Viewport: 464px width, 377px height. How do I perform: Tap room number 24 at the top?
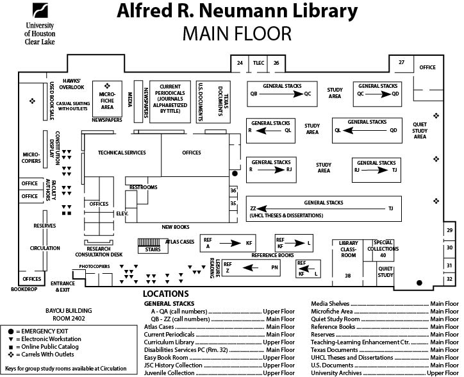click(240, 63)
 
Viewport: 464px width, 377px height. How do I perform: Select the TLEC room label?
click(258, 63)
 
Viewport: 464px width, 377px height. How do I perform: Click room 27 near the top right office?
click(401, 62)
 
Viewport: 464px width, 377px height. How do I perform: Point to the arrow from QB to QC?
click(281, 94)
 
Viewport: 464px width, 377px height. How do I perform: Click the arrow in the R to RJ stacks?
click(271, 170)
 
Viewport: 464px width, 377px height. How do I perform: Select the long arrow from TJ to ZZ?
click(321, 208)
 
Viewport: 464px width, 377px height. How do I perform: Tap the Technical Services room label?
click(122, 153)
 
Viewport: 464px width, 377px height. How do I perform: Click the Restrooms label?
click(143, 187)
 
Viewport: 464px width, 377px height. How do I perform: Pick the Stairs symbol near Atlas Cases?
click(149, 242)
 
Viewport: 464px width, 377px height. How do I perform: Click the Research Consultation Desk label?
click(99, 252)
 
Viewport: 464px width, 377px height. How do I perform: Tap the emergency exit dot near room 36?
click(235, 174)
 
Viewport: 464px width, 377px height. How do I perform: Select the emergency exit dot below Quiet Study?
click(419, 283)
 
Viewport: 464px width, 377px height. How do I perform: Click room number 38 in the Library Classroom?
click(348, 276)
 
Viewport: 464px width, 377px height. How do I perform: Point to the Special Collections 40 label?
click(383, 249)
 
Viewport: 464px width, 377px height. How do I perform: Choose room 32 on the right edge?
click(449, 279)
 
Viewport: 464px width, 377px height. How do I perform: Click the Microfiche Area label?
click(107, 101)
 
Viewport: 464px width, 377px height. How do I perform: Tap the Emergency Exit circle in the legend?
click(11, 331)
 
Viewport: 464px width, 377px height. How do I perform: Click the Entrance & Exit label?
click(63, 287)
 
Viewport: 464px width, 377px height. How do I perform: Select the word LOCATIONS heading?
click(166, 294)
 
